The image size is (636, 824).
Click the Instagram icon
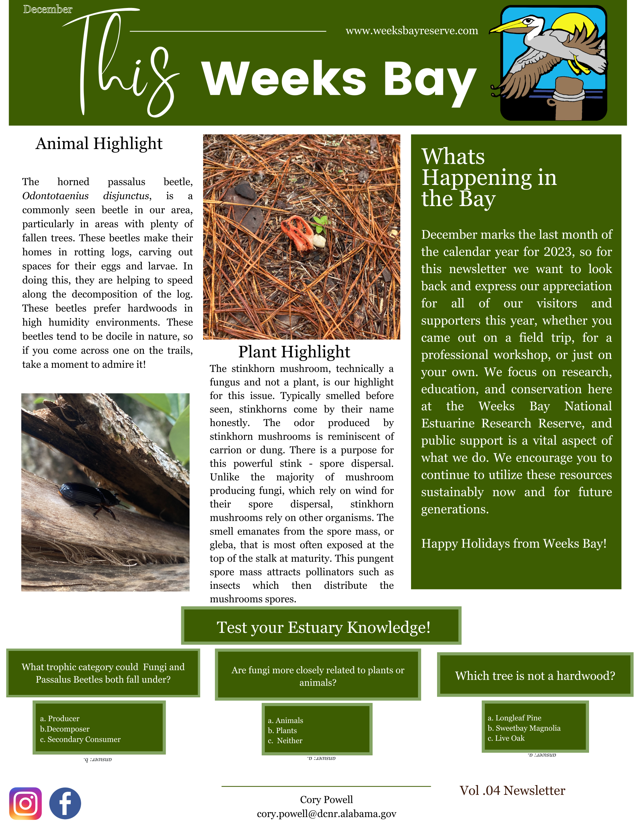point(25,803)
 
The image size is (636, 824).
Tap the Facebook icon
point(65,803)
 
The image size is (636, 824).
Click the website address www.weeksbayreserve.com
point(411,31)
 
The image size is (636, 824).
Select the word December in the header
point(47,9)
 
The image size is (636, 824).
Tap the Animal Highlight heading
point(99,144)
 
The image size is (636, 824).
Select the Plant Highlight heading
point(294,352)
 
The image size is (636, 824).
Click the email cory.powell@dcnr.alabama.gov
point(326,814)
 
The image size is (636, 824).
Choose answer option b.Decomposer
point(65,729)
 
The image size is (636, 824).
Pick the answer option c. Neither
point(285,741)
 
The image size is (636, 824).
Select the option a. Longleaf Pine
point(514,717)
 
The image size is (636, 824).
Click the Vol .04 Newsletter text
point(512,790)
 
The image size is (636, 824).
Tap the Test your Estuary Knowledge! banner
point(323,627)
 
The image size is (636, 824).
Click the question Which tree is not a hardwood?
point(534,676)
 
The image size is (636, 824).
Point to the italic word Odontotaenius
point(55,196)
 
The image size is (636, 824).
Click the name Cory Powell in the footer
point(326,799)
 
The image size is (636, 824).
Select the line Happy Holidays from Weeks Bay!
point(513,544)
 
